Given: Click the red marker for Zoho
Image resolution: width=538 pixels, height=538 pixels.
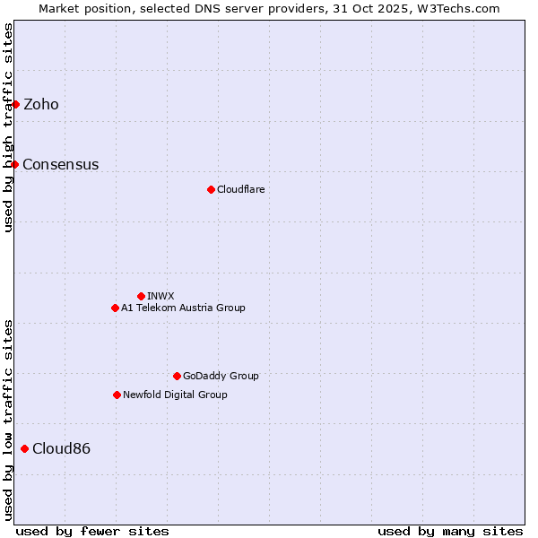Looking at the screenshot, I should pos(15,104).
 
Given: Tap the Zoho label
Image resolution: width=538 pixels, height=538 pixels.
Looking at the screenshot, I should pos(41,105).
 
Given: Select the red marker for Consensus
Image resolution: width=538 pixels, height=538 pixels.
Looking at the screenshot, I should pos(14,164).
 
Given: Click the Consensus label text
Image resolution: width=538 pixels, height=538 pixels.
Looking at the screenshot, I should pos(61,165).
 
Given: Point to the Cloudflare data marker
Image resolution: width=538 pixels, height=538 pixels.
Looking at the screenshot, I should pos(211,189).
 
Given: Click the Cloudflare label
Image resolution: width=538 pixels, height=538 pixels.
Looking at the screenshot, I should pos(241,190).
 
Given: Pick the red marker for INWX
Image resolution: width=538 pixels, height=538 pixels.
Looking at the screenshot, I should pos(141,296).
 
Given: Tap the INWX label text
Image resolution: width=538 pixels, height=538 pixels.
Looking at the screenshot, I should pos(161,297).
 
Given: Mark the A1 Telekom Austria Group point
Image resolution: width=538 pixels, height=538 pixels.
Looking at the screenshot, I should pos(115,308).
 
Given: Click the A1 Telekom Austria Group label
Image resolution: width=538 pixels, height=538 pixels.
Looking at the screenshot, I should pos(184,308).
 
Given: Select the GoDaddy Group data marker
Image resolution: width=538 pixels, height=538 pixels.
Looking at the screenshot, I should pos(177,376).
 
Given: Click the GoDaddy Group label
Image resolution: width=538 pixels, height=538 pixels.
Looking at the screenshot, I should pos(221,377).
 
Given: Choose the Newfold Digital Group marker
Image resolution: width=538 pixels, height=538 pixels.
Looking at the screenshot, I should pos(117,395).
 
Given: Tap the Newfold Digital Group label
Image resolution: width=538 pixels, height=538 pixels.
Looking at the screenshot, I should pos(176,395).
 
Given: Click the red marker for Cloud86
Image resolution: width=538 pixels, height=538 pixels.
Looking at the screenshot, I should pos(24,448).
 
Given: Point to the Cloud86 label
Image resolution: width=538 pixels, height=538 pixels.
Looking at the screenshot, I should pos(61,449).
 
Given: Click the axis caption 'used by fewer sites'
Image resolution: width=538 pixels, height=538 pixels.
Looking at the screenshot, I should pos(92,531).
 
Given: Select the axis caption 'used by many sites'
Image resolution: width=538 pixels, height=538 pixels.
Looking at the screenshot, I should pos(450,531).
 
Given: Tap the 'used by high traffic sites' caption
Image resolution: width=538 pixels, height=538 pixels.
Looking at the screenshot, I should pos(8,128).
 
